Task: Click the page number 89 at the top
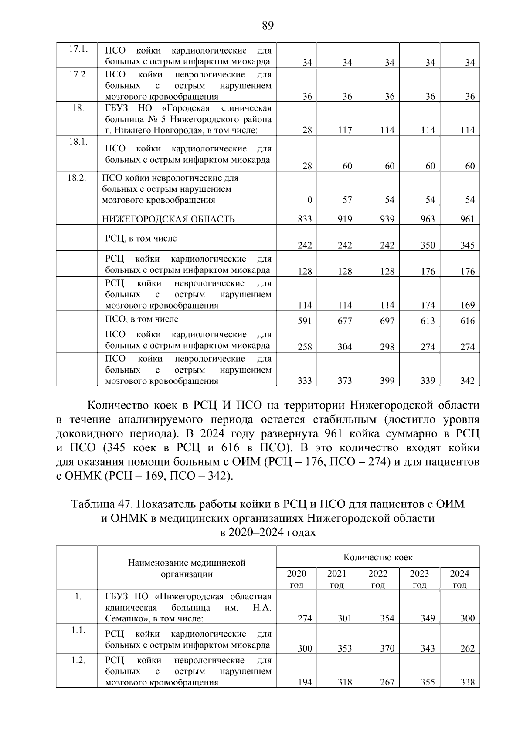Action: tap(268, 26)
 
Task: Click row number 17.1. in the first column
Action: tap(78, 49)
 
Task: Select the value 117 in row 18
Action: tap(345, 130)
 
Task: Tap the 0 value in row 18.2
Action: tap(309, 200)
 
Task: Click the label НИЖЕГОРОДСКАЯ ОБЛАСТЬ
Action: tap(168, 219)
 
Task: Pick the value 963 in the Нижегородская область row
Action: tap(428, 219)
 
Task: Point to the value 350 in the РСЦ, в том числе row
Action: tap(428, 245)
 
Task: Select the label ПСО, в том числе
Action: tap(142, 319)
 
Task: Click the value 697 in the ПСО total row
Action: tap(387, 321)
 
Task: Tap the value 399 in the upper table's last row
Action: tap(387, 381)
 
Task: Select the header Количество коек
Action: tap(377, 557)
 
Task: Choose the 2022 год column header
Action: tap(377, 579)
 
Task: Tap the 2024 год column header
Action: tap(459, 579)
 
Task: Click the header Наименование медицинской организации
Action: tap(187, 568)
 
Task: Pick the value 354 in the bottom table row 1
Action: tap(387, 618)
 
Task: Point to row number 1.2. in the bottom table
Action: tap(78, 661)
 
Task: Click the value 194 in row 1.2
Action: tap(305, 682)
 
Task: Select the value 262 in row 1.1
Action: tap(467, 648)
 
